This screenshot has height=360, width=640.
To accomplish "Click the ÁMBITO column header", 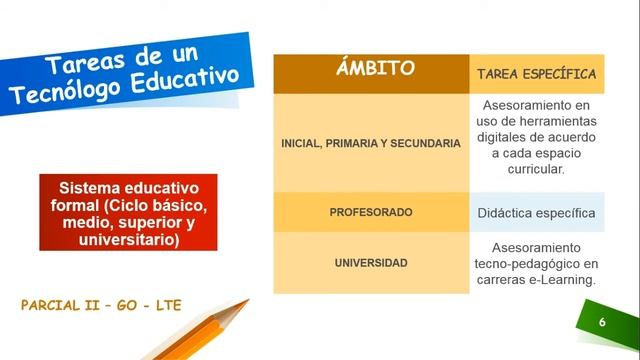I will coord(371,70).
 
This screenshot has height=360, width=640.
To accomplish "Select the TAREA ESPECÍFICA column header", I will coord(536,74).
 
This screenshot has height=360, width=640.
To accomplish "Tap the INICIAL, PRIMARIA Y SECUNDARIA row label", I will coord(370,143).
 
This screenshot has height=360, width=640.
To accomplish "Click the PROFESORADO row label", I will coord(370,213).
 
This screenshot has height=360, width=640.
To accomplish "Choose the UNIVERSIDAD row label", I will coord(370,263).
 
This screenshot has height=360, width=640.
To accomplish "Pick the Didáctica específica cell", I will coord(536,213).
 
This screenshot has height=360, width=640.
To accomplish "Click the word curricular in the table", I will coord(536,169).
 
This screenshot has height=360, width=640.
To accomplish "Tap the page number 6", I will coord(602,323).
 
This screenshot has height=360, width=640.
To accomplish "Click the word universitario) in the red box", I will coord(120,241).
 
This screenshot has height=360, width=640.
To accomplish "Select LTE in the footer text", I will coord(166,305).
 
